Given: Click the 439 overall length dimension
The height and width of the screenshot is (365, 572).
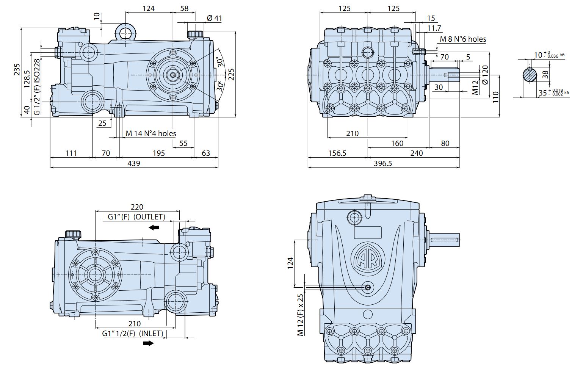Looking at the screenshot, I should click(x=133, y=163).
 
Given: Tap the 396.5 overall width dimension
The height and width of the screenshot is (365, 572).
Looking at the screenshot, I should click(x=382, y=163).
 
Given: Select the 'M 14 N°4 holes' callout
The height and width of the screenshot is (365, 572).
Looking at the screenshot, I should click(x=151, y=133).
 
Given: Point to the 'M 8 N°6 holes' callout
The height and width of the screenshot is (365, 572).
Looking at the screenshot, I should click(x=463, y=39).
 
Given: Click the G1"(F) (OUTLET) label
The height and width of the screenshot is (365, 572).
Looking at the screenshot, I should click(x=136, y=217).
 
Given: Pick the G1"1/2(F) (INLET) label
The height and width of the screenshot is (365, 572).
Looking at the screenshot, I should click(x=133, y=334).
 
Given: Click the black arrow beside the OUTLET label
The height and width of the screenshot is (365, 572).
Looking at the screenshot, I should click(x=154, y=227).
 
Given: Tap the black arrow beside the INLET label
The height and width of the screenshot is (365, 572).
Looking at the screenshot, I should click(x=148, y=343).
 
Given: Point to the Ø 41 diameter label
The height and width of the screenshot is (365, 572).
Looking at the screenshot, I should click(x=215, y=18).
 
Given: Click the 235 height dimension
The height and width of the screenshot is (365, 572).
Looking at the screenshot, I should click(x=17, y=69).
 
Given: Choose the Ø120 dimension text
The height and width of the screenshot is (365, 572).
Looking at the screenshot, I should click(x=485, y=75).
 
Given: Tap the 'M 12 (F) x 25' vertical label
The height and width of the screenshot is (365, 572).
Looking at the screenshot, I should click(x=301, y=315).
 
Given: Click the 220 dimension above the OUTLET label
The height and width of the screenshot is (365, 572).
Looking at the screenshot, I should click(x=137, y=207).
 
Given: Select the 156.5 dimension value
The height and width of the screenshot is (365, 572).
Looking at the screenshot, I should click(x=337, y=153).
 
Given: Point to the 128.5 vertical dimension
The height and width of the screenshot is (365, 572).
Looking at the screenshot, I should click(x=27, y=79).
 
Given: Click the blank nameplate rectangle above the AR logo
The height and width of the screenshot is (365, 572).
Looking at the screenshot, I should click(x=367, y=232).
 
